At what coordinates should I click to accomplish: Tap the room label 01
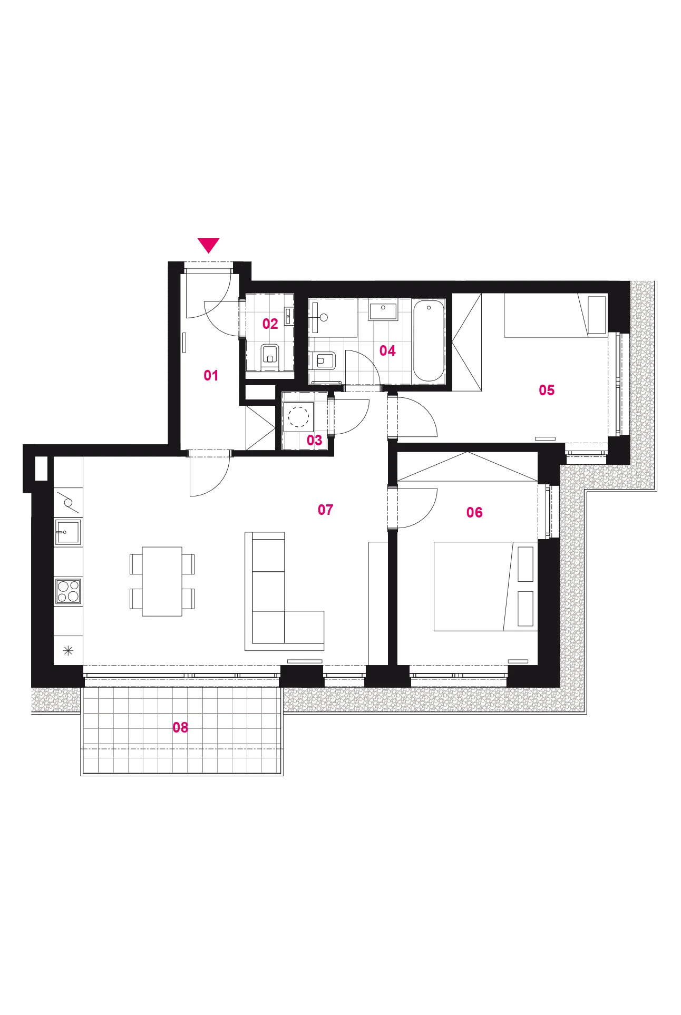[x=211, y=375]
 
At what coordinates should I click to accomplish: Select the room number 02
[x=270, y=324]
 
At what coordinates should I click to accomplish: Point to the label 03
[x=314, y=440]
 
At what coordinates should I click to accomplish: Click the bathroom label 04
[x=387, y=350]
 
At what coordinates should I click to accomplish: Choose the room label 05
[x=547, y=390]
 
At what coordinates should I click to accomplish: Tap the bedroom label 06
[x=474, y=512]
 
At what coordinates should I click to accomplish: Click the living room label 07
[x=325, y=510]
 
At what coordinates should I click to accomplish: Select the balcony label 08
[x=180, y=727]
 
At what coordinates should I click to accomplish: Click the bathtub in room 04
[x=429, y=340]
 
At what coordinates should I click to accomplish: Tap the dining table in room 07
[x=162, y=581]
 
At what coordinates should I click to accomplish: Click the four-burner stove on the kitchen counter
[x=68, y=590]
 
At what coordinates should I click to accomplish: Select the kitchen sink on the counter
[x=67, y=532]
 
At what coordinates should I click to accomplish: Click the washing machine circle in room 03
[x=299, y=417]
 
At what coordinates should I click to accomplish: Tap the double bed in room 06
[x=485, y=586]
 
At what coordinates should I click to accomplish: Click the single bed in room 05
[x=556, y=315]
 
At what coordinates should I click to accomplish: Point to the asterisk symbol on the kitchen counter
[x=68, y=650]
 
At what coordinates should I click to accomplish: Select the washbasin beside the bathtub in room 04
[x=383, y=311]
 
